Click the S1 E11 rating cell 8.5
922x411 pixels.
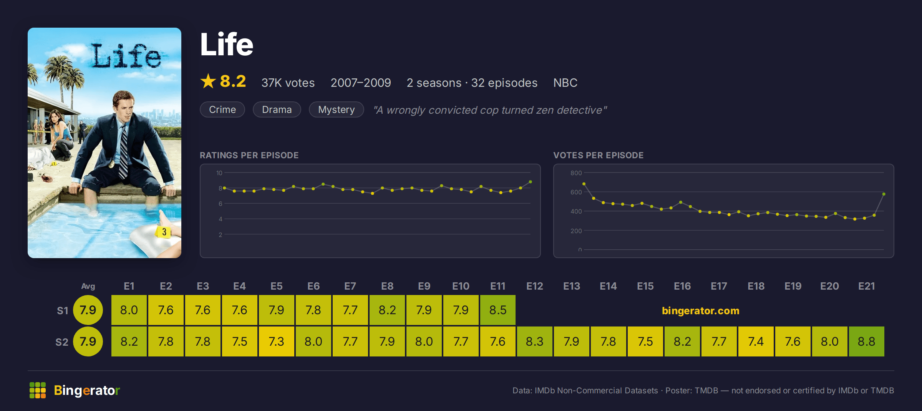tap(498, 310)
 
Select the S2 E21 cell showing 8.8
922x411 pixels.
tap(867, 341)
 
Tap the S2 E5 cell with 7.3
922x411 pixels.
tap(277, 341)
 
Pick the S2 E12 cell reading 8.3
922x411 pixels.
tap(535, 341)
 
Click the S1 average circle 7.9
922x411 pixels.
tap(88, 310)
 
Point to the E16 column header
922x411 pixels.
tap(682, 286)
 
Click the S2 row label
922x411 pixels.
tap(62, 342)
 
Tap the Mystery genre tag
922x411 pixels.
tap(337, 109)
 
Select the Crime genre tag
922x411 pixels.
tap(222, 109)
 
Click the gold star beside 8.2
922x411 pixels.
tap(208, 81)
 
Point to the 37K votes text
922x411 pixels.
tap(288, 83)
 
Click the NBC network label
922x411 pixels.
tap(565, 83)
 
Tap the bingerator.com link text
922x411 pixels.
tap(701, 310)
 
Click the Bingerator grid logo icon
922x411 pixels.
tap(38, 390)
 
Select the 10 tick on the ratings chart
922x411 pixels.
tap(219, 173)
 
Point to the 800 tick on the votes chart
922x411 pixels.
tap(576, 173)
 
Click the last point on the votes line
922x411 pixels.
tap(884, 194)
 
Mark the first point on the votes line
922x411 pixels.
tap(584, 184)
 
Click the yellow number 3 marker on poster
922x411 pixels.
tap(164, 232)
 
